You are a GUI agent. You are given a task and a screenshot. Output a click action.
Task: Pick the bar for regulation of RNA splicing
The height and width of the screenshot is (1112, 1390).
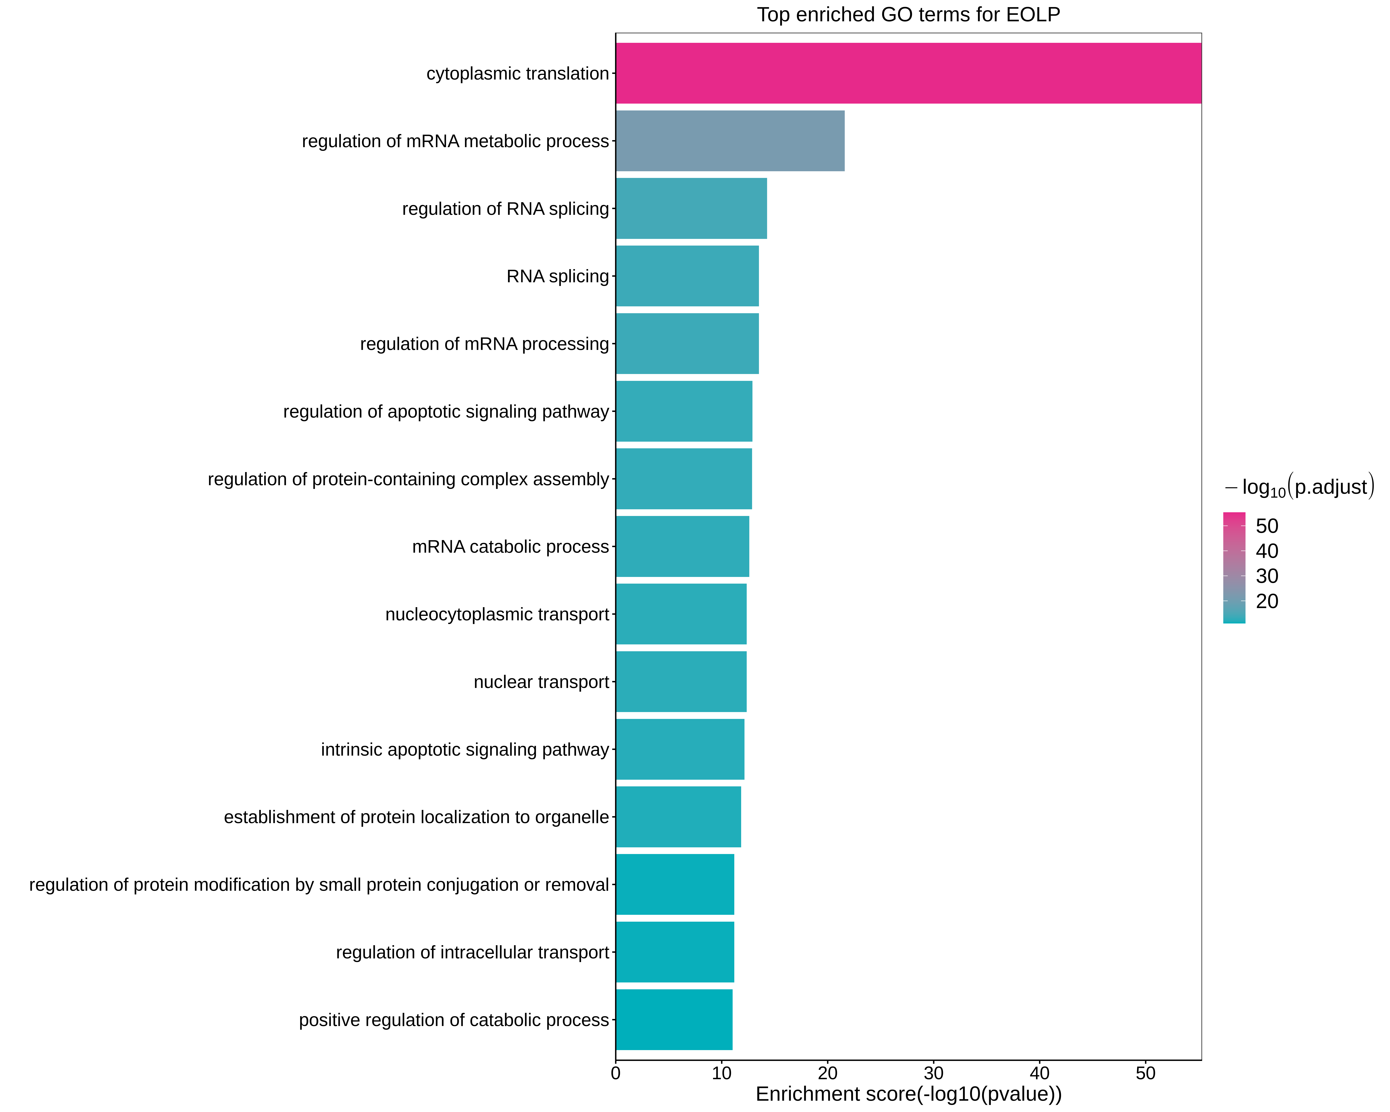691,208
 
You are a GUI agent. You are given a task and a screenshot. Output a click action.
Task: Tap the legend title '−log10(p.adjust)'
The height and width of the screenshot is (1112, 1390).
1298,487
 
